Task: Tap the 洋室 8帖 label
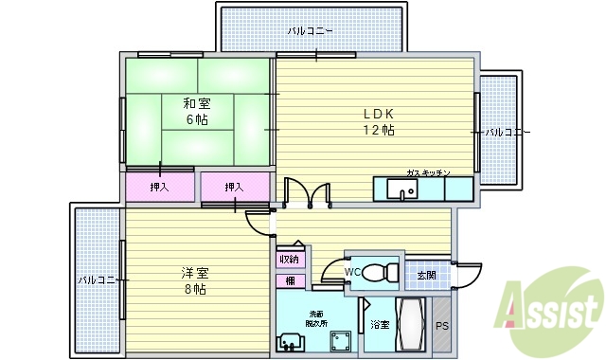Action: click(193, 280)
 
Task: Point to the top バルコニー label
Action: click(311, 30)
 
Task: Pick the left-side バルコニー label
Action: click(98, 280)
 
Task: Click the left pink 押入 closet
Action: click(159, 188)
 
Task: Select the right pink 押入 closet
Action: click(234, 188)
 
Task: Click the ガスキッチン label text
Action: click(427, 172)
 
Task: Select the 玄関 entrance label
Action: click(426, 276)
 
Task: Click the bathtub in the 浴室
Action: click(411, 327)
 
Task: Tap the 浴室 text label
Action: click(379, 325)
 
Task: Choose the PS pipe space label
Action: click(442, 327)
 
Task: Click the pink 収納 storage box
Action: click(289, 259)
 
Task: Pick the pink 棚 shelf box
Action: click(289, 280)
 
